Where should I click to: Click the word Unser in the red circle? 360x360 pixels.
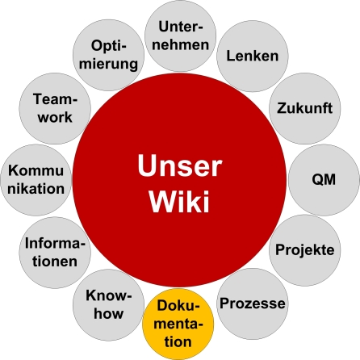pyautogui.click(x=179, y=167)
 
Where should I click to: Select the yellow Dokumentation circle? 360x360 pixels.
pyautogui.click(x=178, y=324)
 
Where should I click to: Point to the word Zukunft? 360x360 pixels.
pyautogui.click(x=305, y=108)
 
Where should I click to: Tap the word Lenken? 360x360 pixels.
pyautogui.click(x=253, y=57)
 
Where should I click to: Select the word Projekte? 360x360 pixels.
pyautogui.click(x=304, y=249)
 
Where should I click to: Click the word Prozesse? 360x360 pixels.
pyautogui.click(x=253, y=304)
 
